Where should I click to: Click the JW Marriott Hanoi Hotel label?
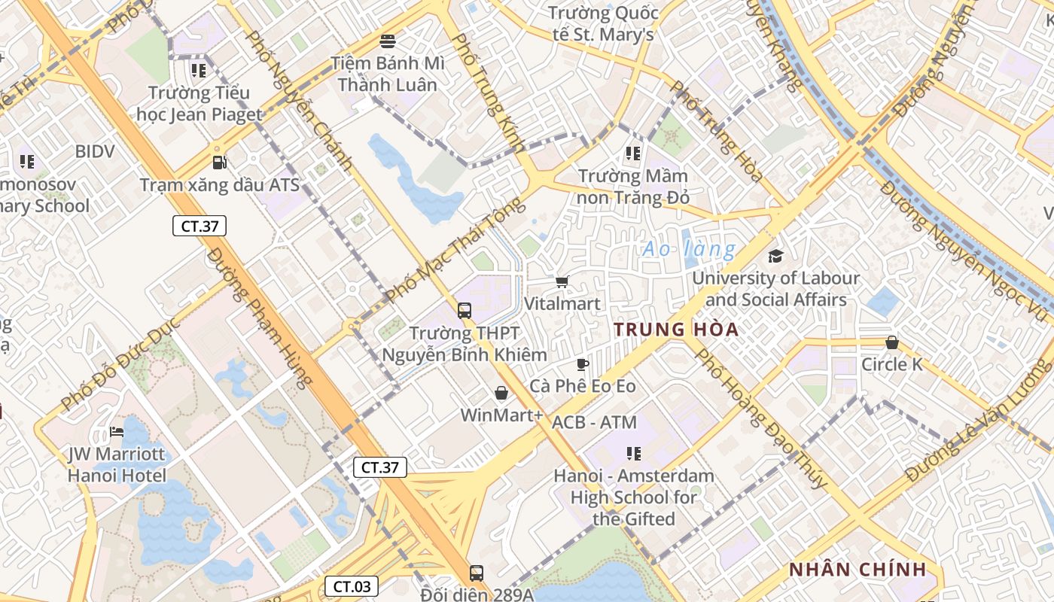click(x=117, y=465)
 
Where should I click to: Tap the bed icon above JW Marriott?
click(x=117, y=432)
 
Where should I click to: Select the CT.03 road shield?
click(x=352, y=586)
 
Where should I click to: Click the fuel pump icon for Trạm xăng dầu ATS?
click(x=219, y=162)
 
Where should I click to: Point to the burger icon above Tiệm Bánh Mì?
click(x=388, y=41)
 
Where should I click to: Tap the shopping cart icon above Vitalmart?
click(x=562, y=281)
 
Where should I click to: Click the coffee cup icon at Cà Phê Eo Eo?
click(x=582, y=365)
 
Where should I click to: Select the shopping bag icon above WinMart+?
click(x=501, y=393)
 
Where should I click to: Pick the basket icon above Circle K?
click(x=892, y=342)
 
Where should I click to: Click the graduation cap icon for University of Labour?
click(x=775, y=256)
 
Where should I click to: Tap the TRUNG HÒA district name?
click(x=676, y=330)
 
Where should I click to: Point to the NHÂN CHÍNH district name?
click(x=857, y=570)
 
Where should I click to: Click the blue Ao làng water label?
click(x=688, y=248)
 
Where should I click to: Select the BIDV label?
click(x=95, y=151)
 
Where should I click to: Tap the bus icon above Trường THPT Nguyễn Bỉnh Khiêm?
click(x=465, y=310)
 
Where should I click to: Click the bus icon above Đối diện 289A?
click(x=476, y=573)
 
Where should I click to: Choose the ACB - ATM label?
click(x=594, y=422)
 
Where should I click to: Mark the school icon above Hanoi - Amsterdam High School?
click(x=634, y=453)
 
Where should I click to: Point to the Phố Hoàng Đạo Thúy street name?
click(x=760, y=418)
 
